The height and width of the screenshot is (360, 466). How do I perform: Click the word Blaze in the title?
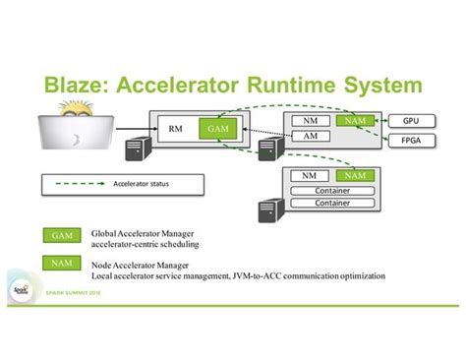pyautogui.click(x=87, y=84)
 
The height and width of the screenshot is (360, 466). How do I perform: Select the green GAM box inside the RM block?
pyautogui.click(x=215, y=128)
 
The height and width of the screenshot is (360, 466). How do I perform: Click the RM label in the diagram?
pyautogui.click(x=176, y=128)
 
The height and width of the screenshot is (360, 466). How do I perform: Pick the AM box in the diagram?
pyautogui.click(x=309, y=136)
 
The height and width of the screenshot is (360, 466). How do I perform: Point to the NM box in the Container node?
pyautogui.click(x=309, y=175)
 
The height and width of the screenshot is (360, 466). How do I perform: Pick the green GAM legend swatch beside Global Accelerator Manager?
pyautogui.click(x=61, y=236)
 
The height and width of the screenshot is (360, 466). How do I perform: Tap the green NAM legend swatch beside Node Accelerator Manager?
pyautogui.click(x=61, y=264)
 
